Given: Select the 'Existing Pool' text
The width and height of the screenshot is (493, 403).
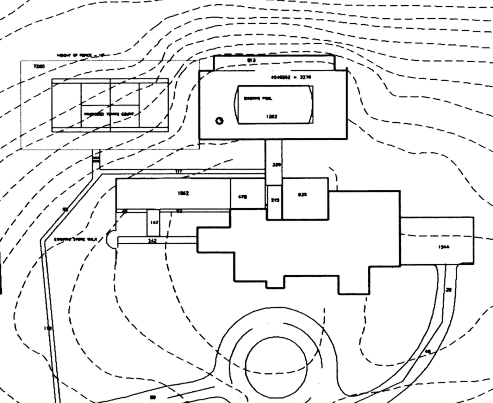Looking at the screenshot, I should (x=258, y=99).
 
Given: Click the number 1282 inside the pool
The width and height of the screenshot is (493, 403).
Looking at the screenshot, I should (x=272, y=116).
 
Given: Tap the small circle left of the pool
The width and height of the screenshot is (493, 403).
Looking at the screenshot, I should (x=219, y=121).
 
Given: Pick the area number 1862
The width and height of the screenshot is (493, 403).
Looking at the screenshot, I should (x=183, y=193).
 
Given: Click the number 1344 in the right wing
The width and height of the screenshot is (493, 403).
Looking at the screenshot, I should (x=444, y=247).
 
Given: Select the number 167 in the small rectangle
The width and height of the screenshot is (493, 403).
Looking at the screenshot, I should (x=154, y=222).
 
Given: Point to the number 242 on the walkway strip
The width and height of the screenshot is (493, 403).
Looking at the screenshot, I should (x=152, y=241).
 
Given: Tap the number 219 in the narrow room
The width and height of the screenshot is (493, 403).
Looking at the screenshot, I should (x=275, y=200).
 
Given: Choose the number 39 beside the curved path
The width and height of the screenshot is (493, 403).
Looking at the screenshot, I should (x=448, y=290).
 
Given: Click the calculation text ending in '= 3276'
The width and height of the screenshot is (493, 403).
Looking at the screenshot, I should (x=291, y=77).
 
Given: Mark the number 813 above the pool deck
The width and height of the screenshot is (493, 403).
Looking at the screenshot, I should (x=251, y=60).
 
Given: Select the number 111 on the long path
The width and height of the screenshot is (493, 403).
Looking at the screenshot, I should (x=179, y=172).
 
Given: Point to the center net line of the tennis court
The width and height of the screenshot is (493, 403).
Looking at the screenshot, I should (x=110, y=105).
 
